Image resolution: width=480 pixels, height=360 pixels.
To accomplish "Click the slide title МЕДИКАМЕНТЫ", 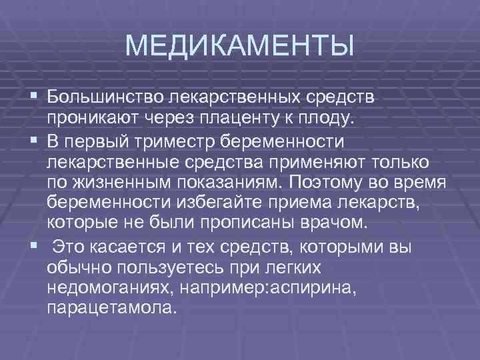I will point(239,47).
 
